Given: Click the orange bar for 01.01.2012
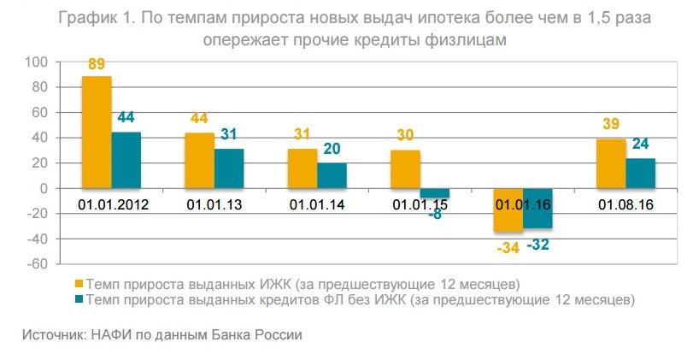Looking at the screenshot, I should [97, 132].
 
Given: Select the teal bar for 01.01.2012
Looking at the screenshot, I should [126, 160].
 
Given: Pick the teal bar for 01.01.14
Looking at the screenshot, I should [332, 175].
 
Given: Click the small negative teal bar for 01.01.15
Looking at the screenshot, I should [434, 193].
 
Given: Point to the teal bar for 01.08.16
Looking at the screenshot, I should [640, 173].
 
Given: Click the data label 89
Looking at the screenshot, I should [97, 64].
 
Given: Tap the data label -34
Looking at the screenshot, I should [508, 247].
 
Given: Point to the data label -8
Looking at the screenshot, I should [435, 214].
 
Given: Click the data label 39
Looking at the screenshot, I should [610, 124].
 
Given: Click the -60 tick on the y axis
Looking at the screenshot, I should [36, 264].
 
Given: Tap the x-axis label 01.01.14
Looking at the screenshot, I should [316, 205].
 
